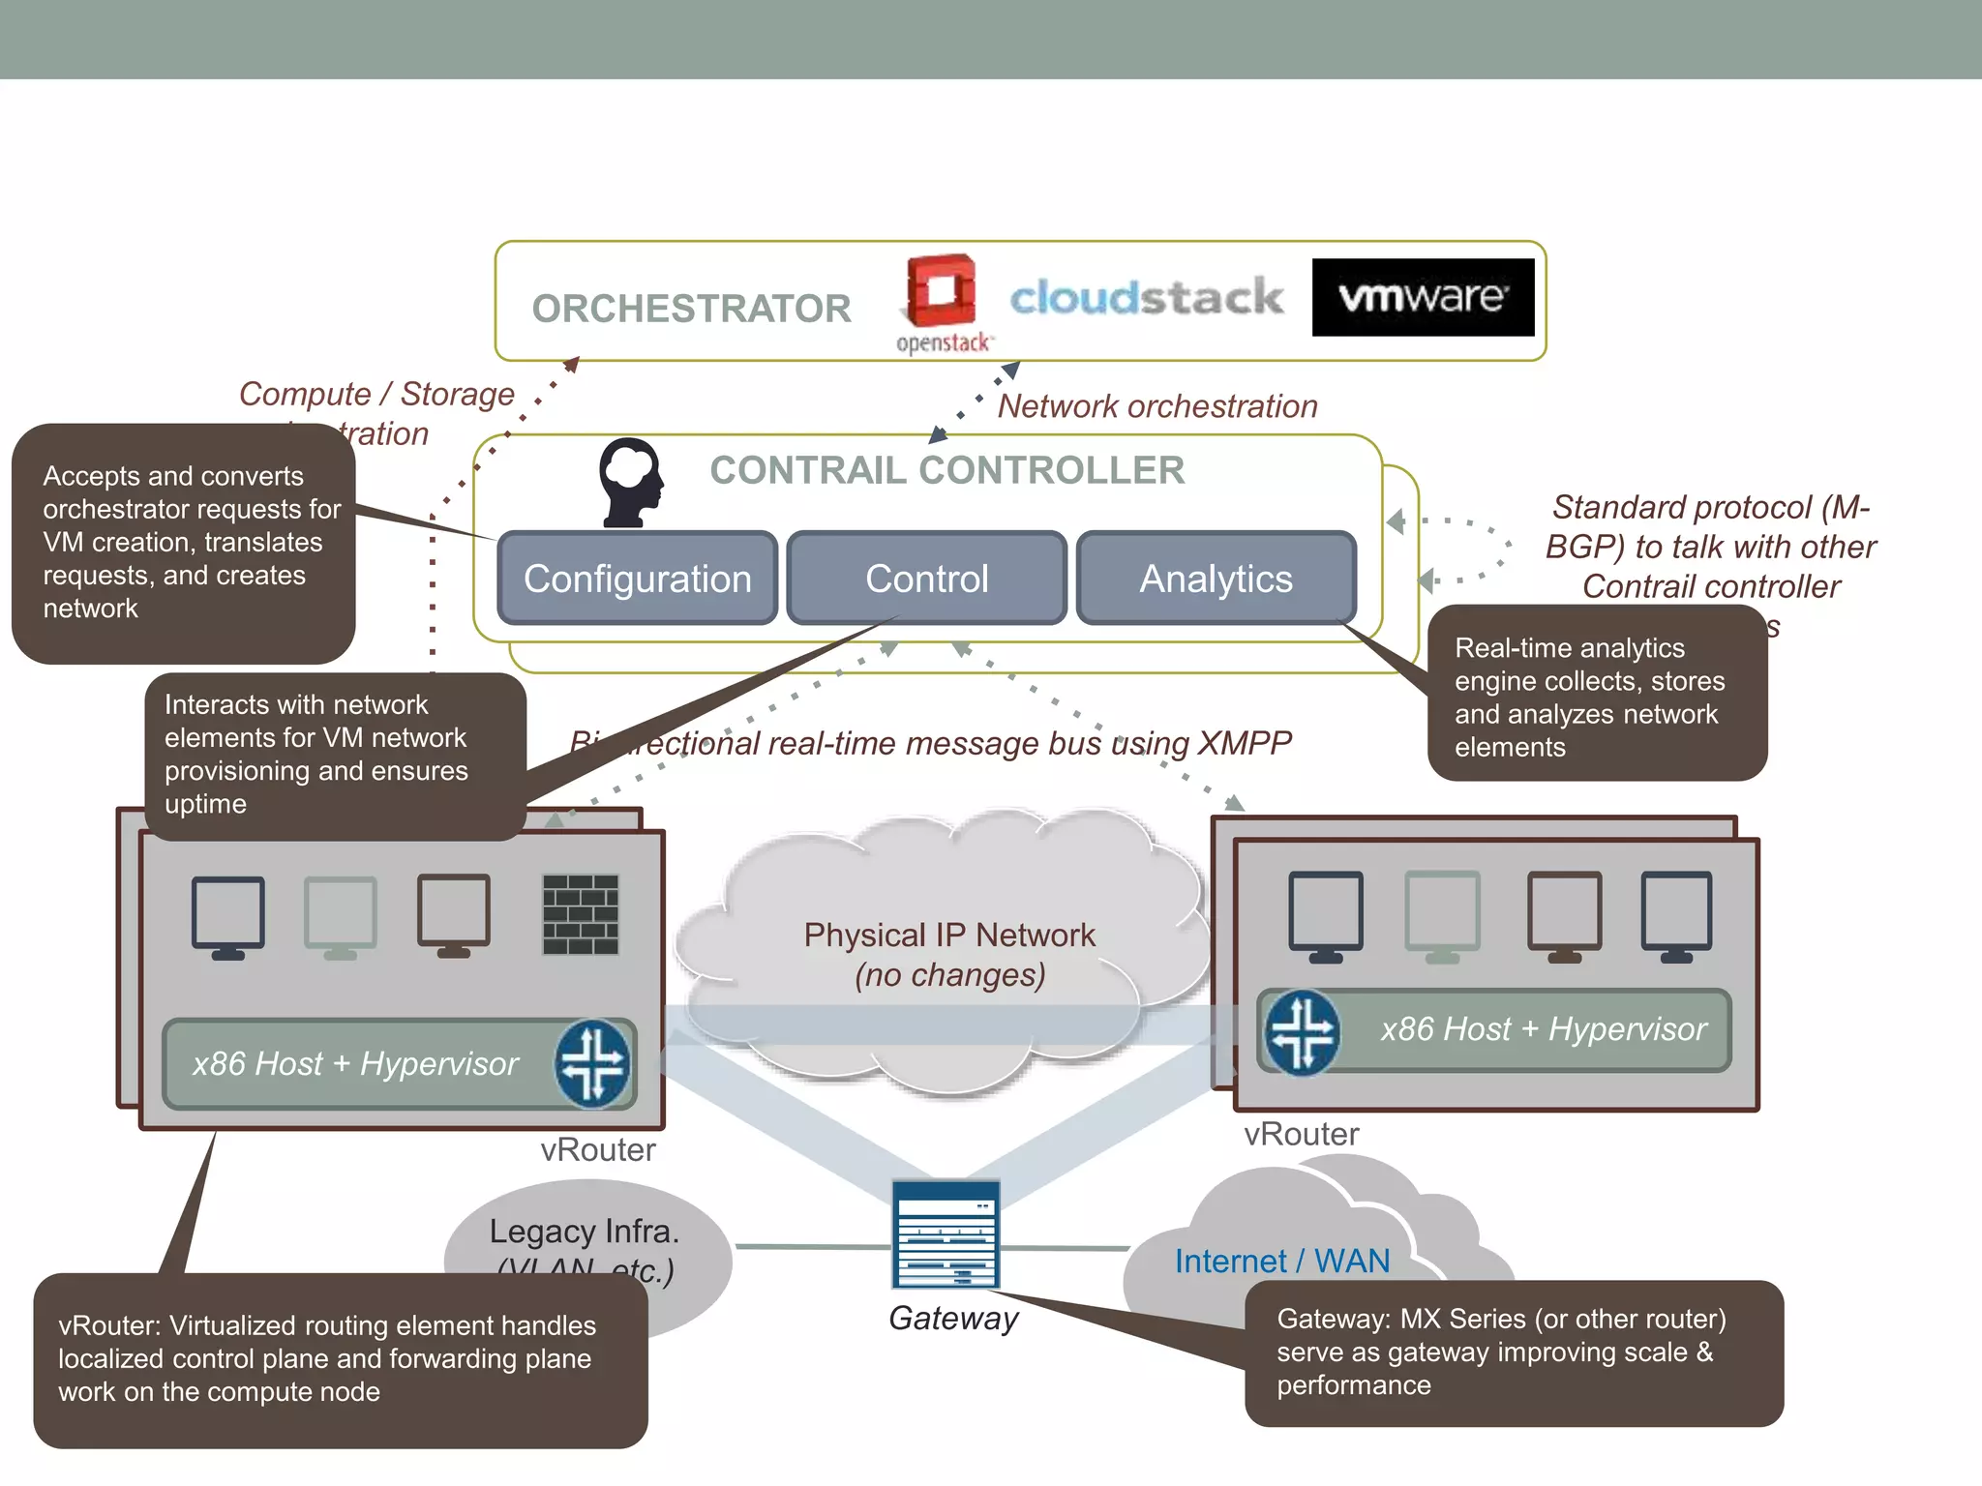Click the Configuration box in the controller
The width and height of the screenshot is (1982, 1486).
click(x=637, y=579)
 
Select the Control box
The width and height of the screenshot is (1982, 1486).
click(x=926, y=579)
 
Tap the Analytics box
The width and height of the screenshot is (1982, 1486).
click(x=1216, y=579)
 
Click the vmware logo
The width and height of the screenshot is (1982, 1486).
click(x=1423, y=297)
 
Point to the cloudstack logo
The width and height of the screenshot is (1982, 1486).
click(x=1146, y=297)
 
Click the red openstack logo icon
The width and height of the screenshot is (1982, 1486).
click(x=940, y=290)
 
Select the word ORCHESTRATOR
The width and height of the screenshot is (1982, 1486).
click(x=691, y=309)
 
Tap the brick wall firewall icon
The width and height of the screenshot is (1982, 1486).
click(x=580, y=914)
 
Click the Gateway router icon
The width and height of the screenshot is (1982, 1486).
click(x=946, y=1234)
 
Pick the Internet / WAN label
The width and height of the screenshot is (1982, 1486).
click(x=1281, y=1261)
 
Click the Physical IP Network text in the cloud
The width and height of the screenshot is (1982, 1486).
click(x=948, y=936)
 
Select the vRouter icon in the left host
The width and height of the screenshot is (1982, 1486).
click(x=592, y=1063)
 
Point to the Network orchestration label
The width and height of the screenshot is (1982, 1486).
click(x=1156, y=406)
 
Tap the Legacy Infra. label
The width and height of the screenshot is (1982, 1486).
click(x=584, y=1232)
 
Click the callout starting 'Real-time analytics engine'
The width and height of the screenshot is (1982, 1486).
click(x=1596, y=697)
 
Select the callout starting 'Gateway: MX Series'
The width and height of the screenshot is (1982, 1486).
click(x=1513, y=1352)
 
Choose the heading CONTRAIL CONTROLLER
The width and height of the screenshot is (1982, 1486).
click(x=946, y=470)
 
